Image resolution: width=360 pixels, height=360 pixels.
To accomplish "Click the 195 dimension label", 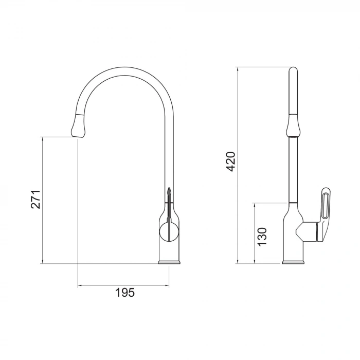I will [x=124, y=293].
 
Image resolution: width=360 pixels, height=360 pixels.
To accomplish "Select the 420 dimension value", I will [x=231, y=161].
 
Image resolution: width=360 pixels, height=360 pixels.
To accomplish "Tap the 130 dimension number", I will [x=262, y=236].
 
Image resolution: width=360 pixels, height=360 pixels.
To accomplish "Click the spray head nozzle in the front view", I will [x=77, y=125].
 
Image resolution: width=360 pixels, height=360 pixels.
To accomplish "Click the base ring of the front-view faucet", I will [x=169, y=263].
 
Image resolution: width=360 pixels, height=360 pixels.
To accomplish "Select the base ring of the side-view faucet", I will [x=293, y=263].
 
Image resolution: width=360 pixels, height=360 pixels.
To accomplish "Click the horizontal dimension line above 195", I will [x=123, y=284].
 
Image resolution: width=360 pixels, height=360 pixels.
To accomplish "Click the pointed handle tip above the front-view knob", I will [x=168, y=193].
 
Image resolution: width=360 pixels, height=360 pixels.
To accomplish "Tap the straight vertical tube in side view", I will [x=293, y=170].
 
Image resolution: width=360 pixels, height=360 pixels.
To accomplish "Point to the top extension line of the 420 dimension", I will [x=262, y=67].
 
